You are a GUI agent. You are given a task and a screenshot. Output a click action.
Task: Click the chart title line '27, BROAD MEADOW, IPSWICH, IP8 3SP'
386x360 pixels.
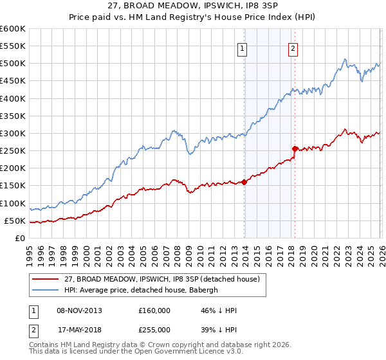point(193,7)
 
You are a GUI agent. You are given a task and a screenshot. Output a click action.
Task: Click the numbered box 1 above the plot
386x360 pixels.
point(243,48)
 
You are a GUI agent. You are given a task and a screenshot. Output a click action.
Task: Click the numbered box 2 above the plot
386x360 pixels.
point(293,48)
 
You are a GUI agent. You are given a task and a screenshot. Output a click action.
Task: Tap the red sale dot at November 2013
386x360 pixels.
point(244,182)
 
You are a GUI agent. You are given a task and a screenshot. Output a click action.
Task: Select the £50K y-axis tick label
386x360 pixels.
point(15,221)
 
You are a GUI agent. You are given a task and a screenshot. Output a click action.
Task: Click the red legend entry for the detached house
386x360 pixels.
point(160,279)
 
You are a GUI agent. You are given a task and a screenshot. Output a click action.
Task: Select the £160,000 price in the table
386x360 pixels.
point(154,310)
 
